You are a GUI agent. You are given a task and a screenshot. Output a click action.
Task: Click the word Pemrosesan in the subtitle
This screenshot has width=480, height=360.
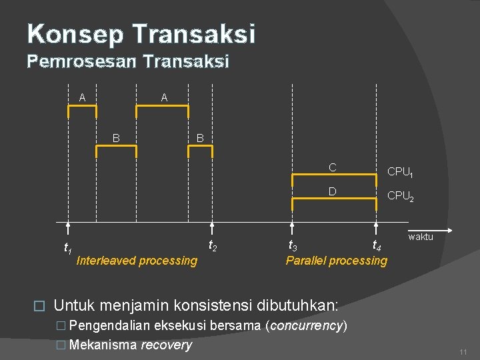[81, 62]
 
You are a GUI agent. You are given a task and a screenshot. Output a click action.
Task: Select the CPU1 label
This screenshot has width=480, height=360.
[401, 172]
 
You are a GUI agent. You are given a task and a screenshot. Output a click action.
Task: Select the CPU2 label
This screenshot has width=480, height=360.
[401, 196]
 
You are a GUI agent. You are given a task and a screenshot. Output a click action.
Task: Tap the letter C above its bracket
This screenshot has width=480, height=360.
[331, 167]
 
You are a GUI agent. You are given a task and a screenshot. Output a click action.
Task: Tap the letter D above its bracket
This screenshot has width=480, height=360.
[331, 192]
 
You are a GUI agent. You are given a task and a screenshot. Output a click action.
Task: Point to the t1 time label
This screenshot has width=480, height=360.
[67, 249]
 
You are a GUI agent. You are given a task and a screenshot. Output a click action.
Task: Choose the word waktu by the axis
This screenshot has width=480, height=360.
[421, 237]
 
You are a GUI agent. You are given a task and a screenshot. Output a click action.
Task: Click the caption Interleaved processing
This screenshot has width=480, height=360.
[137, 261]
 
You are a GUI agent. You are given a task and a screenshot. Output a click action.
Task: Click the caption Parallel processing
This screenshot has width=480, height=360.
[336, 261]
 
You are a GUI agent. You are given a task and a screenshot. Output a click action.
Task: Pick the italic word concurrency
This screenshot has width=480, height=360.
[306, 326]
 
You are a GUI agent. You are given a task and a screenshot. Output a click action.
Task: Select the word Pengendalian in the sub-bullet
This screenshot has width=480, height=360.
[109, 326]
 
